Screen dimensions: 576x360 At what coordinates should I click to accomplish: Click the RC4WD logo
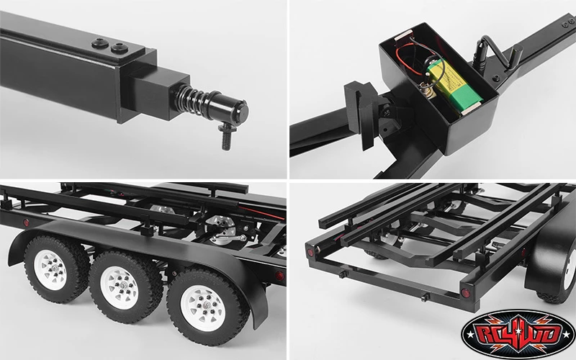(x=518, y=334)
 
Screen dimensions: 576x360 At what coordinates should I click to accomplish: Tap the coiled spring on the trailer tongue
(x=192, y=98)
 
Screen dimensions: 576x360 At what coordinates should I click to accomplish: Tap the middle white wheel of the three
(x=125, y=287)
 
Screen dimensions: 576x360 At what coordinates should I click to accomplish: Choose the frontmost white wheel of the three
(x=56, y=269)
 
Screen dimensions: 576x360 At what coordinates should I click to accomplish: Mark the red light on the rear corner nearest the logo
(x=465, y=293)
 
